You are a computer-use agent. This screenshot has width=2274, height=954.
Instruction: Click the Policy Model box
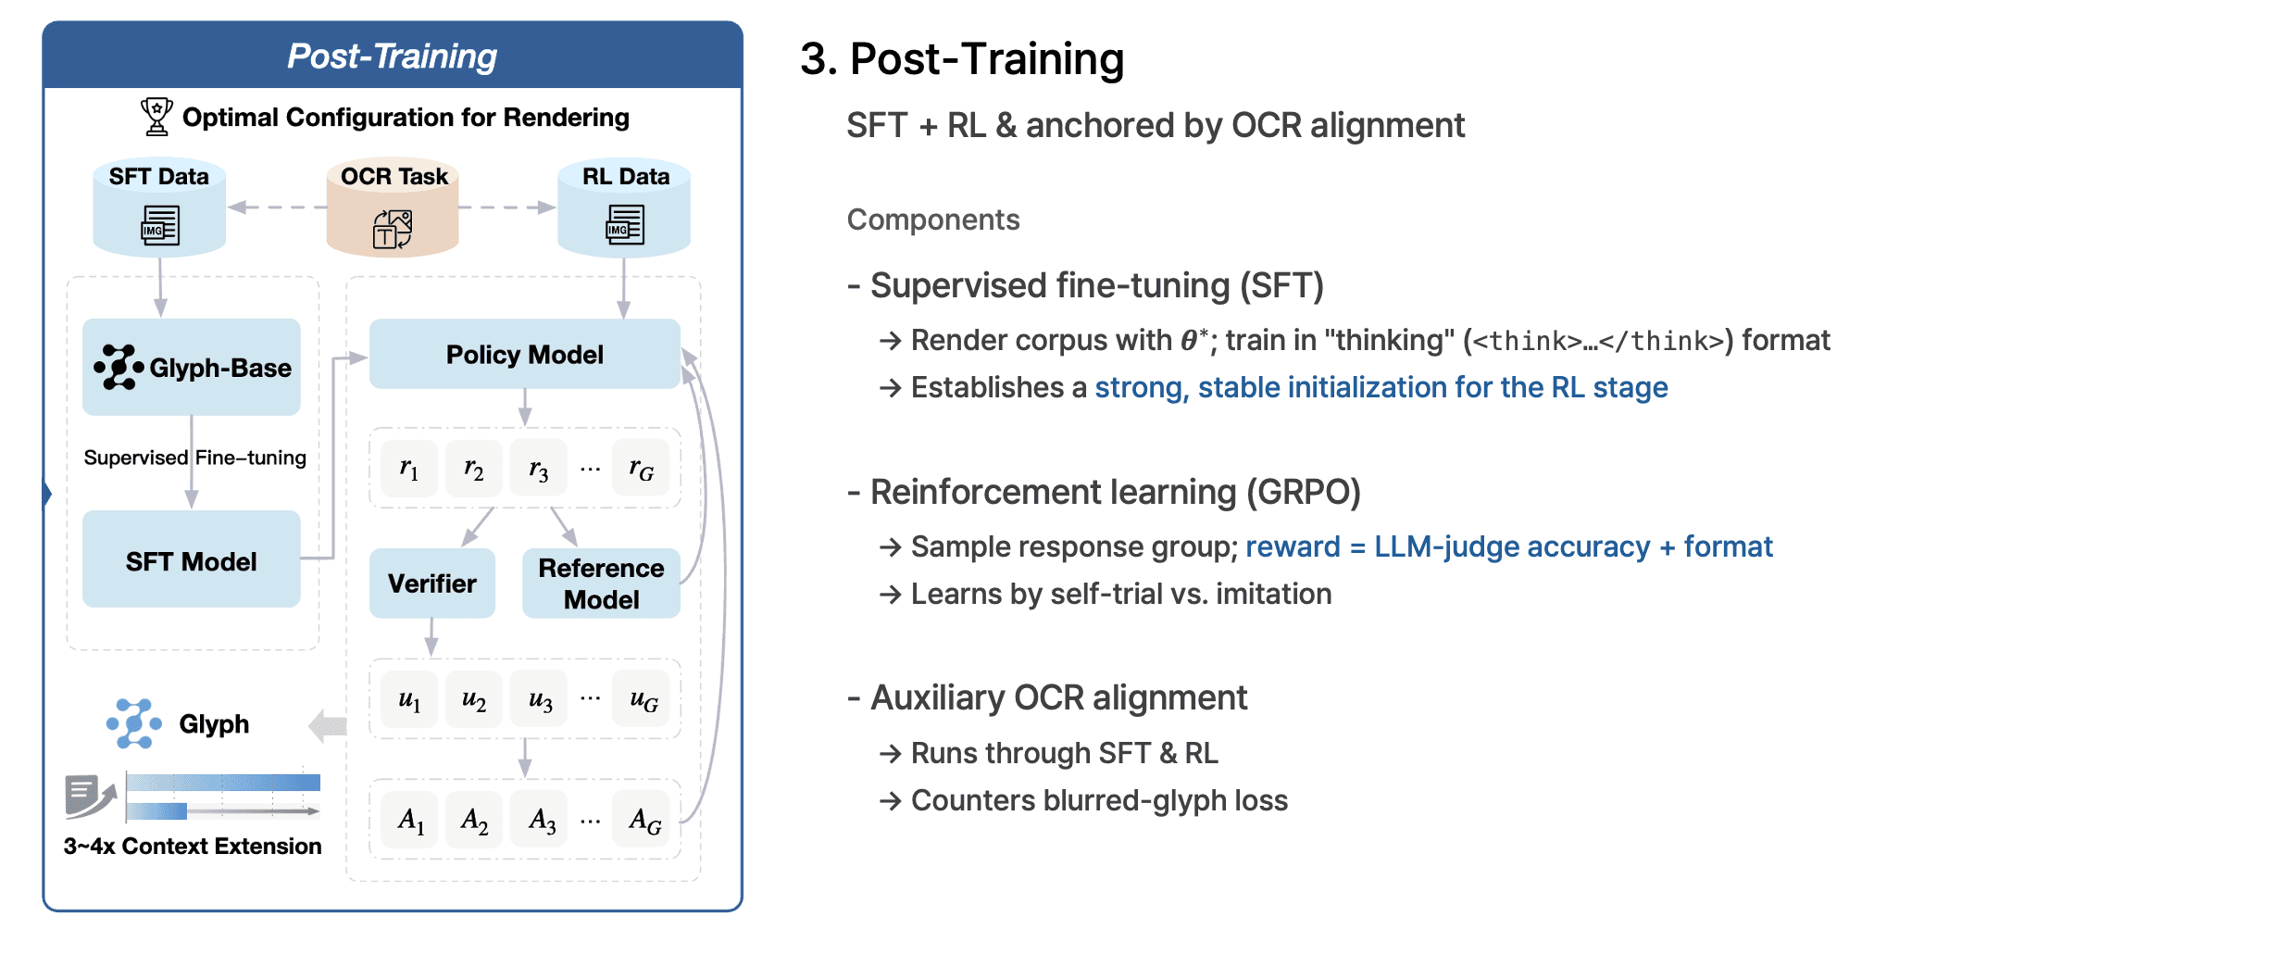click(x=524, y=354)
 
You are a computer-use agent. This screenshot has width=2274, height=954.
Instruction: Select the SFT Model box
click(x=192, y=559)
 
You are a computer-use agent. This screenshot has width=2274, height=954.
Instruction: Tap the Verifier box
click(x=431, y=584)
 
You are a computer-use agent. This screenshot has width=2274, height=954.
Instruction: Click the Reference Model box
click(x=601, y=584)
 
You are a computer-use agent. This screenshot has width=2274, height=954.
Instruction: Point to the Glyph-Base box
click(x=192, y=367)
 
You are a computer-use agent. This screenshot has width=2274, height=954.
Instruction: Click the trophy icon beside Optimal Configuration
click(x=156, y=117)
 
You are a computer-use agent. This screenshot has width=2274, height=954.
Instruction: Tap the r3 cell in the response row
click(x=539, y=469)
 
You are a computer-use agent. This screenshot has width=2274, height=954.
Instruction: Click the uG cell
click(x=643, y=699)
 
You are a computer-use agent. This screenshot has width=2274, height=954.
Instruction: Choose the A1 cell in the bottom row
click(x=410, y=820)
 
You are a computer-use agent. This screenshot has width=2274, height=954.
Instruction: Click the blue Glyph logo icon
click(x=134, y=723)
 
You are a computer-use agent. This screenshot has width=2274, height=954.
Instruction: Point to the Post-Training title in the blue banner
click(x=392, y=56)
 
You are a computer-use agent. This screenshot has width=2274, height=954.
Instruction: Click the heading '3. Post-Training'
click(x=962, y=59)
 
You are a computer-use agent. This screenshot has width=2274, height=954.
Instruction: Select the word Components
click(x=933, y=220)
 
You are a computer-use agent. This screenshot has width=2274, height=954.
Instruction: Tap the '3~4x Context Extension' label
click(x=193, y=846)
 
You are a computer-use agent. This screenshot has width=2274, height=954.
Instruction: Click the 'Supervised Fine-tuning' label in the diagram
click(x=194, y=458)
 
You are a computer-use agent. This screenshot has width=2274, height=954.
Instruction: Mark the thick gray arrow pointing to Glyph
click(x=328, y=726)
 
